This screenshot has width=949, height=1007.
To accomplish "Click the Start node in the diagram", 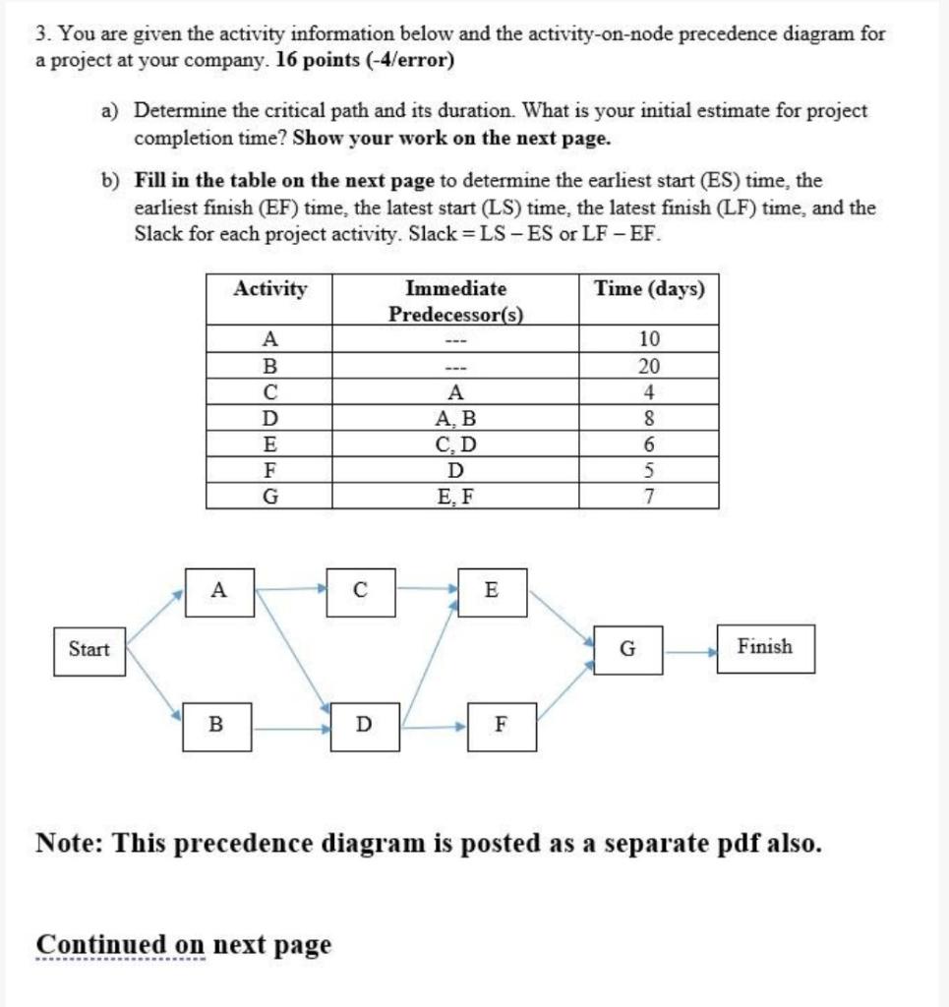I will click(89, 649).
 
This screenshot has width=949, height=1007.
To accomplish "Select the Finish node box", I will click(765, 647).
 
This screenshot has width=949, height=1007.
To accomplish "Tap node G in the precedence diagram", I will click(627, 649).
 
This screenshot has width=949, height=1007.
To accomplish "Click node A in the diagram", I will click(219, 591).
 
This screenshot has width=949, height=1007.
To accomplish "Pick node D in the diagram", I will click(364, 726).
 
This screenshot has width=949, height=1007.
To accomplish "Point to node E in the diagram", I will click(492, 591).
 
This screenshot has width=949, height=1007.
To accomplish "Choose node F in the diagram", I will click(502, 726).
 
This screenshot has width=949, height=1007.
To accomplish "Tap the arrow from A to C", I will click(291, 590).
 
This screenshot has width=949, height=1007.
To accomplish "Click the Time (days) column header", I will click(649, 289).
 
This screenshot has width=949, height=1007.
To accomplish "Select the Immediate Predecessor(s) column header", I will click(455, 301).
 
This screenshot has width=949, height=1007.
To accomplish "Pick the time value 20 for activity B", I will click(649, 367).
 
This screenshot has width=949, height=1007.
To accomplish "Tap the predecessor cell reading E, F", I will click(455, 497).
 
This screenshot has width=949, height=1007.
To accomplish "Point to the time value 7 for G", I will click(649, 497).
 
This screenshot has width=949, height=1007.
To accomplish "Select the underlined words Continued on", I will click(121, 945).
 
